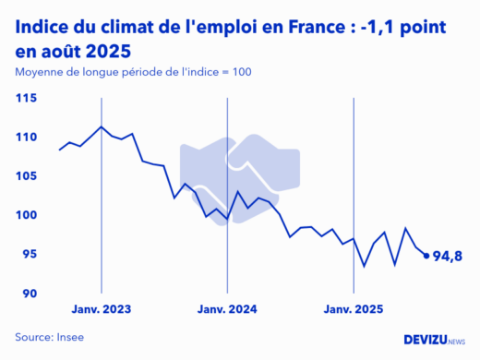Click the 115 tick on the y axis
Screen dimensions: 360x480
26,98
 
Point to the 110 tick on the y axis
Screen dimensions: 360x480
26,137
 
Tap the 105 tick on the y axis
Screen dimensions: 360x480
26,176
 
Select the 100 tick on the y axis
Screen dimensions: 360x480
26,215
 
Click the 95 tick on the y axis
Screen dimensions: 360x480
28,255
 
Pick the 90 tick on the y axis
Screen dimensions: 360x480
28,294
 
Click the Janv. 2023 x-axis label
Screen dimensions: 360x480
102,309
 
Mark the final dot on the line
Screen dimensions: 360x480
426,256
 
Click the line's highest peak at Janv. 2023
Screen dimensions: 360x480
102,126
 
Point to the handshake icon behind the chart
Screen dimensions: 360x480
239,167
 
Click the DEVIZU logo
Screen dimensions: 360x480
435,339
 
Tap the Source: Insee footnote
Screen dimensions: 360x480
49,338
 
